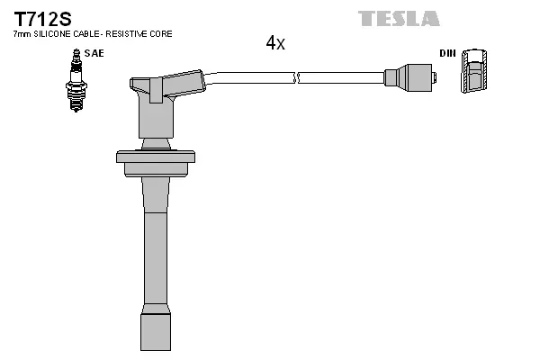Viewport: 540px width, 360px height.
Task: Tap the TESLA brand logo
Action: [x=399, y=18]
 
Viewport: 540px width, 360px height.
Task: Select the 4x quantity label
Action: [x=274, y=43]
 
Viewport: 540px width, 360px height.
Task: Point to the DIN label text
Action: [x=446, y=53]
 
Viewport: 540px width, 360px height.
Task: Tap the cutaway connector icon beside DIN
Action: [x=474, y=73]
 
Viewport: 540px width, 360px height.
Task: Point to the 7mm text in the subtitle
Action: [x=18, y=33]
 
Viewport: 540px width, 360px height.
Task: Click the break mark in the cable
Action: [x=297, y=78]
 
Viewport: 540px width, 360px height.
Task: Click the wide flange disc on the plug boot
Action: [x=156, y=157]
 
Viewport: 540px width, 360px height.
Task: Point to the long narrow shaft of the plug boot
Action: [x=155, y=243]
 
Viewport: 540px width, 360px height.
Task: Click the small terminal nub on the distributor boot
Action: [x=435, y=78]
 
